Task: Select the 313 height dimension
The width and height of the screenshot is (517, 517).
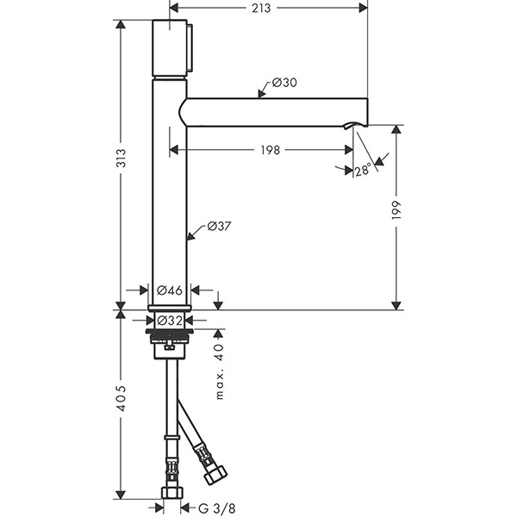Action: [x=121, y=158]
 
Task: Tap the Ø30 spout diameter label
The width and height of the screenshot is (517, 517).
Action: [x=283, y=84]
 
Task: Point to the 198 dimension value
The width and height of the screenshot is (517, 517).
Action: [x=270, y=150]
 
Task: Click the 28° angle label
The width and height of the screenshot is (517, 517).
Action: [x=363, y=171]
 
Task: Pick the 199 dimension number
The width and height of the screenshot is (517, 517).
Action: [x=397, y=211]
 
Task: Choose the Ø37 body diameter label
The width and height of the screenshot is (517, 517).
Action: [x=220, y=227]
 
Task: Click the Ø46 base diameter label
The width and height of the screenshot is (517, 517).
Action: [x=169, y=290]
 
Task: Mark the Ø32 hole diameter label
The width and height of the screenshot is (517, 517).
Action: [x=169, y=320]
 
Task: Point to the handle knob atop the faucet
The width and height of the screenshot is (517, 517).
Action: [x=173, y=48]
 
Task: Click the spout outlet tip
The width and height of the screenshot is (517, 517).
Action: [x=349, y=128]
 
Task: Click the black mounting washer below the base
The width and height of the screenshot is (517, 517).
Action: [x=169, y=332]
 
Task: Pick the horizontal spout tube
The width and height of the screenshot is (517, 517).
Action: [x=276, y=110]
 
